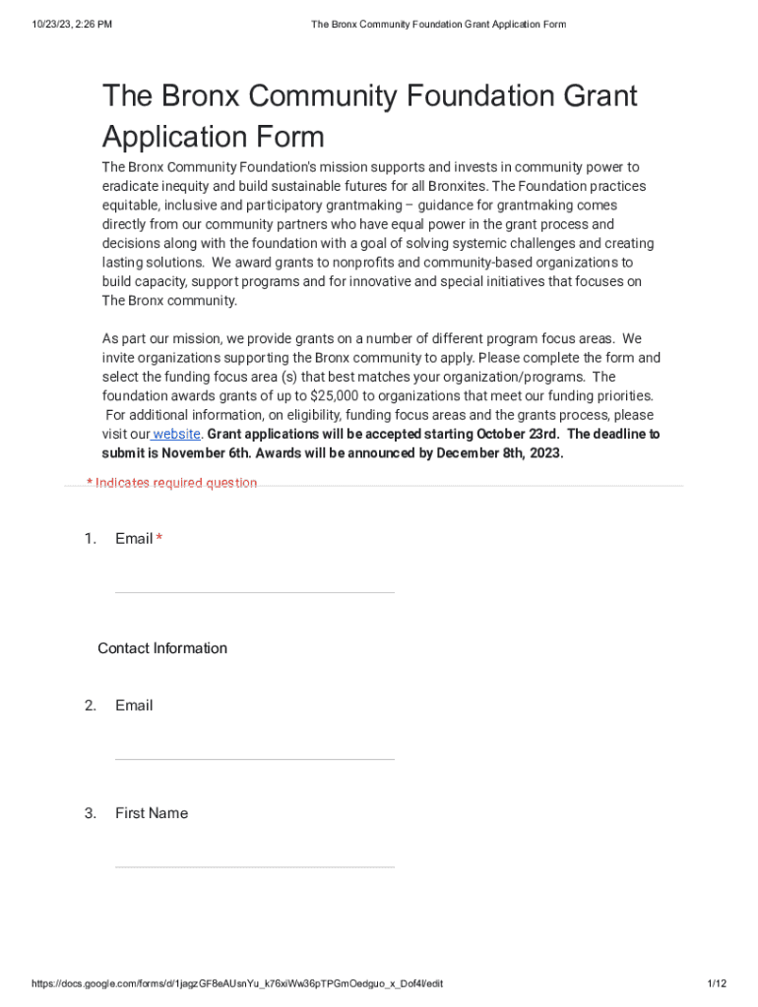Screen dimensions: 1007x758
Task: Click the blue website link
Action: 177,434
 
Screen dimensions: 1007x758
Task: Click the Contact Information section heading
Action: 162,648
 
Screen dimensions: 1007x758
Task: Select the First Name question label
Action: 151,813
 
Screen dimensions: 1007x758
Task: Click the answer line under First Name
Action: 254,865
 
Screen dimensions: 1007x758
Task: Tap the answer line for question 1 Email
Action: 254,591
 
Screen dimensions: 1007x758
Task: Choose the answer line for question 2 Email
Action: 254,758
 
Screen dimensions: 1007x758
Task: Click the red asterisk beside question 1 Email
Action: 159,539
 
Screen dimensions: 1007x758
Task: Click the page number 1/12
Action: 717,983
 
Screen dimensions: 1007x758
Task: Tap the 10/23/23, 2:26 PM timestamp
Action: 72,25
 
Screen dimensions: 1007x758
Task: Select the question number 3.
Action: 91,813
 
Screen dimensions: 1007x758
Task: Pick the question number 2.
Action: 91,705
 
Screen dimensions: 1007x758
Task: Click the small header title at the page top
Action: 438,25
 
